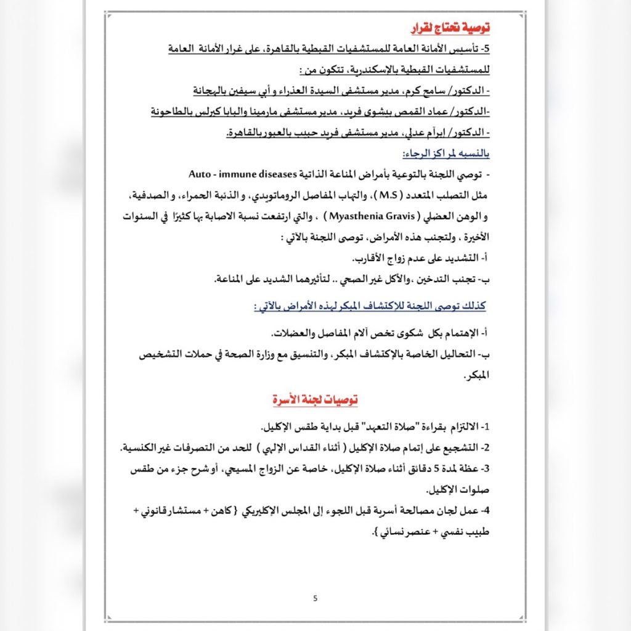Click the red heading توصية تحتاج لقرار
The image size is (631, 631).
pyautogui.click(x=450, y=28)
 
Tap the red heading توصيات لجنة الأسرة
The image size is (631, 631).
pyautogui.click(x=315, y=400)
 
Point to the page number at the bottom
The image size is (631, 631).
pyautogui.click(x=315, y=598)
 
